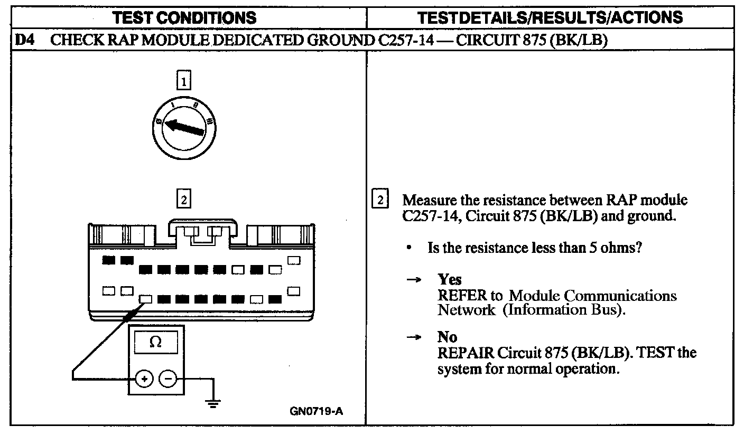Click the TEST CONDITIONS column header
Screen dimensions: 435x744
pyautogui.click(x=185, y=17)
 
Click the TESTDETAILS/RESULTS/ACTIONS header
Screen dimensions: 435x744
pyautogui.click(x=550, y=17)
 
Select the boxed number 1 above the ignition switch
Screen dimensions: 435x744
pyautogui.click(x=183, y=81)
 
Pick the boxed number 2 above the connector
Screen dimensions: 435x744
pyautogui.click(x=183, y=200)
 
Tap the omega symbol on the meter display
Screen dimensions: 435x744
pyautogui.click(x=155, y=342)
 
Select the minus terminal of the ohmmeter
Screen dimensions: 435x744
pyautogui.click(x=168, y=379)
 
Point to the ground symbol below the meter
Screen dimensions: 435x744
pyautogui.click(x=213, y=403)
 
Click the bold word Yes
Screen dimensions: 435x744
pyautogui.click(x=449, y=280)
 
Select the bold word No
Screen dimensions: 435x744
pyautogui.click(x=447, y=337)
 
